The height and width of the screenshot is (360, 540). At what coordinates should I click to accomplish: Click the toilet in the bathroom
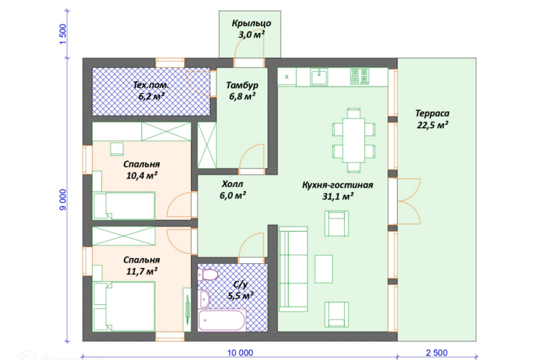pyautogui.click(x=208, y=275)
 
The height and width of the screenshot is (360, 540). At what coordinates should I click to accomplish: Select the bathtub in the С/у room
pyautogui.click(x=222, y=321)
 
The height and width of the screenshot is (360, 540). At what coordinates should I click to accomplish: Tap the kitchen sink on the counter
pyautogui.click(x=319, y=77)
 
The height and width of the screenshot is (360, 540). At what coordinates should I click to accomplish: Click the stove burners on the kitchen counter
pyautogui.click(x=359, y=76)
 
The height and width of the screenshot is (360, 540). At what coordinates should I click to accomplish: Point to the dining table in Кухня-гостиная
pyautogui.click(x=354, y=140)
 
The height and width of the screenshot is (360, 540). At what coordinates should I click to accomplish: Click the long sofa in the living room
pyautogui.click(x=293, y=269)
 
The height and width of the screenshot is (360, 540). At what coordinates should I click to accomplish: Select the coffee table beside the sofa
pyautogui.click(x=324, y=269)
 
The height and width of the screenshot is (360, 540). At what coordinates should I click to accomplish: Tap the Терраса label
pyautogui.click(x=432, y=113)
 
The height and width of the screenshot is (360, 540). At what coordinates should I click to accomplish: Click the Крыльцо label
pyautogui.click(x=251, y=24)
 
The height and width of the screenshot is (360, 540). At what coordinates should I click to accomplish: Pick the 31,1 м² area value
pyautogui.click(x=338, y=196)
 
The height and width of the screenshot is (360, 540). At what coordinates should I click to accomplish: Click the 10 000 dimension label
pyautogui.click(x=240, y=353)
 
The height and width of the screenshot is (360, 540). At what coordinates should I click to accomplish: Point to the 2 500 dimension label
pyautogui.click(x=436, y=353)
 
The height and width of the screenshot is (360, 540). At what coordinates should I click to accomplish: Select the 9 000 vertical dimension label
pyautogui.click(x=62, y=200)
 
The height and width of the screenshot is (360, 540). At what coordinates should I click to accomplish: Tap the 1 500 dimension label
pyautogui.click(x=62, y=34)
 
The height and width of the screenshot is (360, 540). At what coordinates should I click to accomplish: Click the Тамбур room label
pyautogui.click(x=242, y=85)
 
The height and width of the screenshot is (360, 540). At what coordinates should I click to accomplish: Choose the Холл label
pyautogui.click(x=232, y=184)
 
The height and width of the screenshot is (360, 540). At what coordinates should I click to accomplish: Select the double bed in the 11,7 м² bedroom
pyautogui.click(x=124, y=306)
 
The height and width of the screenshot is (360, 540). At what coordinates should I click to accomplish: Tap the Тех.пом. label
pyautogui.click(x=151, y=85)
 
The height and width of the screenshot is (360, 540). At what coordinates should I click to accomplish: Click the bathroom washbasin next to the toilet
pyautogui.click(x=204, y=299)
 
